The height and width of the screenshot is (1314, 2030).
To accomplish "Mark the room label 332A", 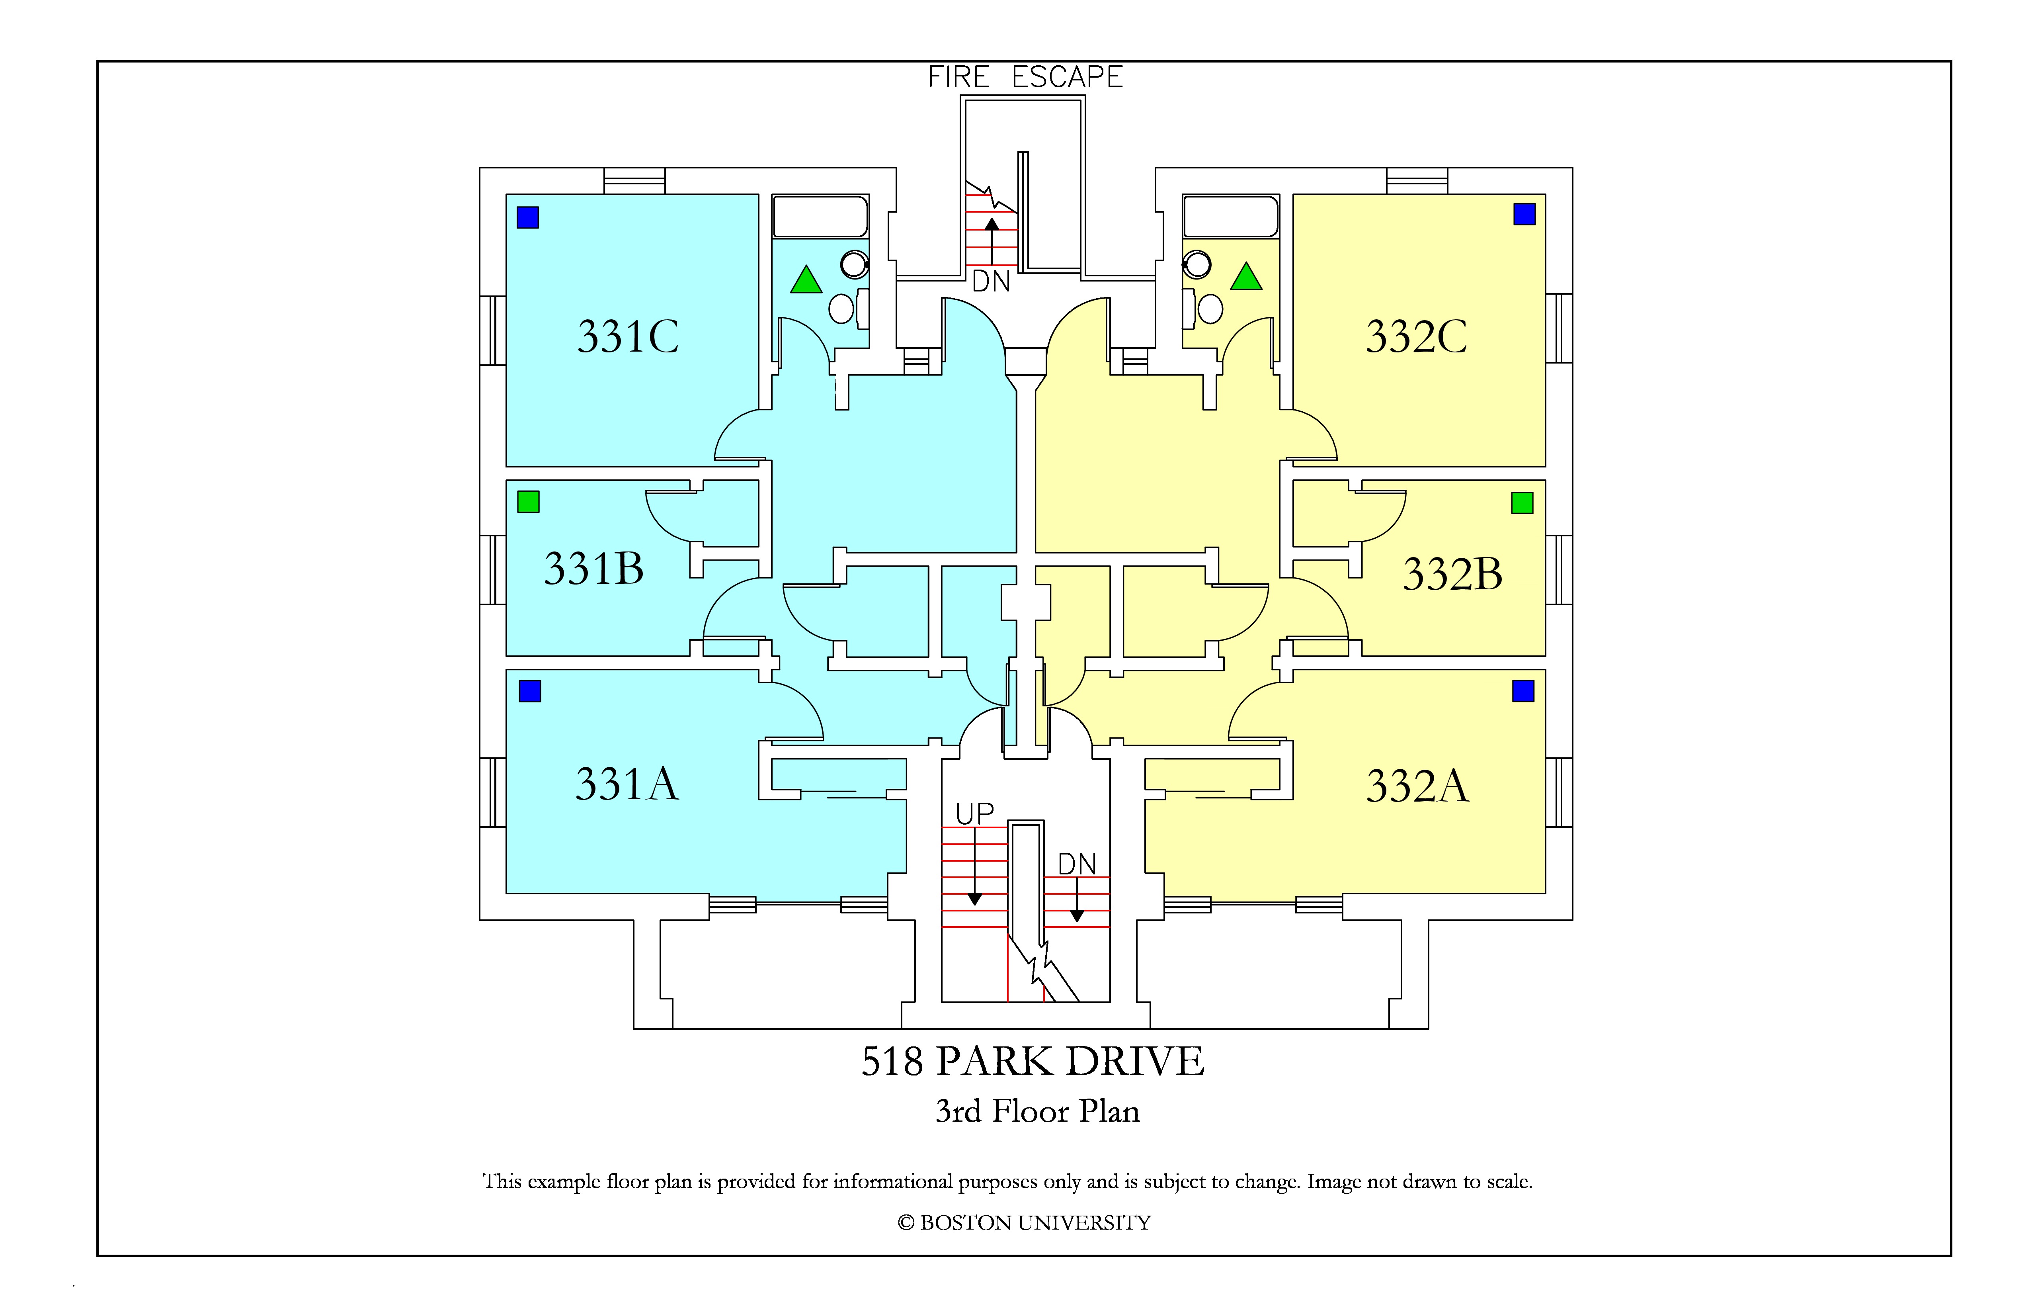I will pyautogui.click(x=1417, y=786).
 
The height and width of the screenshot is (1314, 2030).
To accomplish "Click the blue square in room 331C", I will pyautogui.click(x=528, y=217).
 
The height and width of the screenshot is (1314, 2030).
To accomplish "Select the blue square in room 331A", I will pyautogui.click(x=530, y=691).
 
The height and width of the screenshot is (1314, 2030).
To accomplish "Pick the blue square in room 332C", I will pyautogui.click(x=1524, y=214).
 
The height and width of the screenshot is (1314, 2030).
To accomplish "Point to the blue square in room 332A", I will pyautogui.click(x=1523, y=691).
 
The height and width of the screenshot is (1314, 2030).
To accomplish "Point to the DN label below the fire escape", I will pyautogui.click(x=991, y=282).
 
